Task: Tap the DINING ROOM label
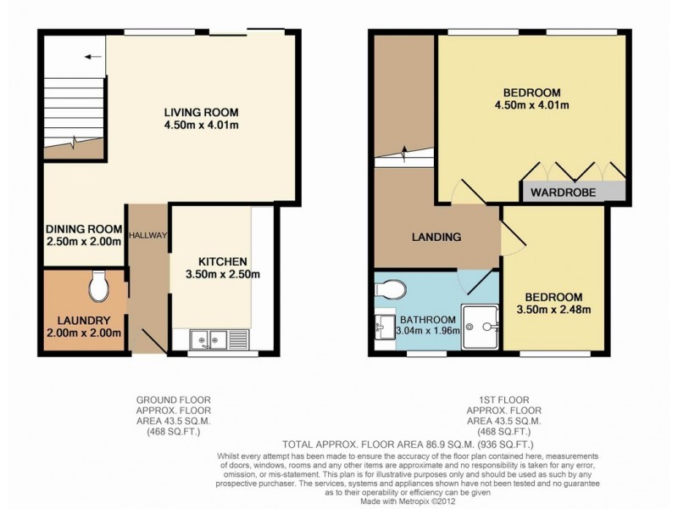click(83, 228)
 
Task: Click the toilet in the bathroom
click(390, 289)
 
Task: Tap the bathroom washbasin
click(382, 323)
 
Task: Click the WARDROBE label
click(563, 193)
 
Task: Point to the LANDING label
click(437, 237)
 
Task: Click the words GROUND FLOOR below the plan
click(175, 399)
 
